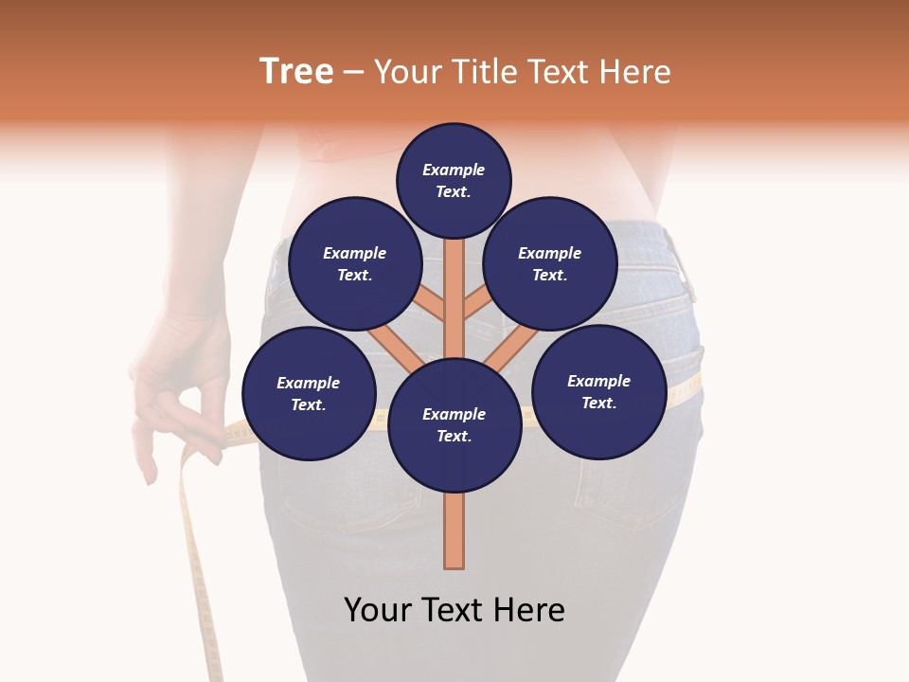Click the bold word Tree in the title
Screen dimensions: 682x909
[296, 72]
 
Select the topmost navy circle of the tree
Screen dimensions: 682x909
[454, 180]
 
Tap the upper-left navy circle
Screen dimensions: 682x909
[355, 264]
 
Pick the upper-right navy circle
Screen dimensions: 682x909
[550, 264]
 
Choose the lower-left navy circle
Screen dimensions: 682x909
[309, 394]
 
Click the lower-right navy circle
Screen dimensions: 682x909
[598, 392]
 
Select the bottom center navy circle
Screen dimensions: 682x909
[454, 425]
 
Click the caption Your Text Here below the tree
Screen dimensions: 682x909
[454, 610]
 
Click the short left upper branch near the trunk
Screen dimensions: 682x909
[431, 305]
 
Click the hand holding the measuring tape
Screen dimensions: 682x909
[180, 398]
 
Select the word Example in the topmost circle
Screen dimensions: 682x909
[454, 170]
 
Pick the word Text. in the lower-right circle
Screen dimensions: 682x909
[598, 403]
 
